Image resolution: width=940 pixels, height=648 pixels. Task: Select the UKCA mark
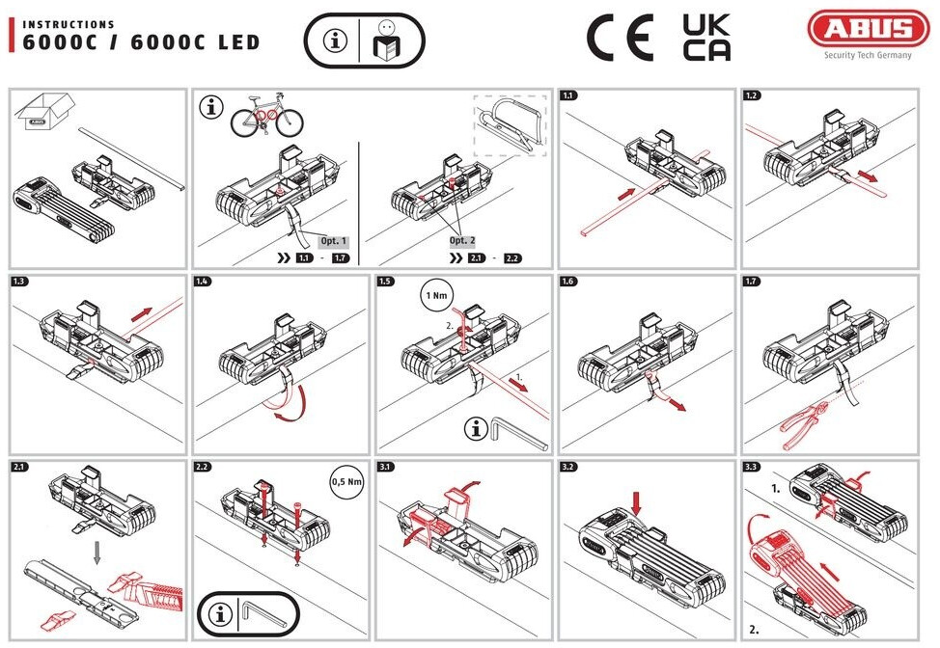(x=705, y=38)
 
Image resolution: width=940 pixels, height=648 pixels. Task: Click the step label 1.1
(x=569, y=96)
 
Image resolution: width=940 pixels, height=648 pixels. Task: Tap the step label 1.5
(x=386, y=282)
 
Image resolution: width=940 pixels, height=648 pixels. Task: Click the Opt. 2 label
(x=464, y=240)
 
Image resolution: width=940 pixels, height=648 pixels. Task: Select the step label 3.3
(x=753, y=468)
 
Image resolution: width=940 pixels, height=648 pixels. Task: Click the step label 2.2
(x=203, y=468)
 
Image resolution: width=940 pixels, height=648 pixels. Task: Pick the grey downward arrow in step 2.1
(x=96, y=551)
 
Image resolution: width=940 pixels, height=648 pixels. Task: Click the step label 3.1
(x=386, y=468)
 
